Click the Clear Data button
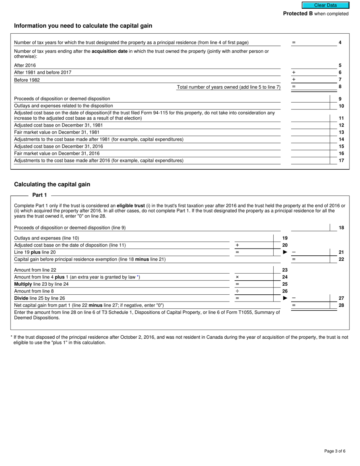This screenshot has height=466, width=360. tap(325, 5)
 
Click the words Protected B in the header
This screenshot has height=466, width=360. tap(298, 14)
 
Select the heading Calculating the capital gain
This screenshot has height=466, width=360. tap(52, 185)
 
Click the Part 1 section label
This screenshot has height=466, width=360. tap(39, 195)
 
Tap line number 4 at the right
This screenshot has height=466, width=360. tap(340, 42)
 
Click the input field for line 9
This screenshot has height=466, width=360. tap(310, 99)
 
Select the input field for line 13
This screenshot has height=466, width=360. tap(310, 132)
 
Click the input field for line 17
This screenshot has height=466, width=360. tap(310, 161)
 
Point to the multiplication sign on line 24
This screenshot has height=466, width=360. tap(237, 277)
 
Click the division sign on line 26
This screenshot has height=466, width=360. tap(237, 291)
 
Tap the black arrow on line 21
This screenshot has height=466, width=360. tap(285, 252)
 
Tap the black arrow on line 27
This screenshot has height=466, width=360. tap(285, 298)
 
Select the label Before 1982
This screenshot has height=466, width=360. tap(27, 80)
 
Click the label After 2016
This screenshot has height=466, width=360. tap(25, 66)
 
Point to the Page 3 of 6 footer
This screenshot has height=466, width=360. tap(335, 451)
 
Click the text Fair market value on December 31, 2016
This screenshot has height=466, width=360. tap(57, 153)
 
